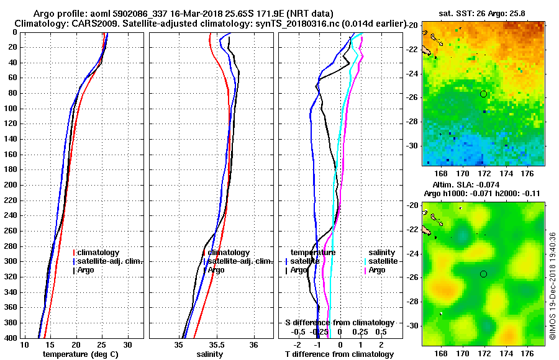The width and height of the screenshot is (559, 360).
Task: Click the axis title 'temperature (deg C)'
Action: click(x=81, y=354)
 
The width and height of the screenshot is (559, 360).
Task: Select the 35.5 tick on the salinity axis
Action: click(x=216, y=344)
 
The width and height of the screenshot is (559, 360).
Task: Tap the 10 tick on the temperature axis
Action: click(x=25, y=344)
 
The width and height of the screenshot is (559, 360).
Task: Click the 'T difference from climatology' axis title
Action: click(x=340, y=354)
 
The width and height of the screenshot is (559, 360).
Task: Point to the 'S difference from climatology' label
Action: click(x=339, y=323)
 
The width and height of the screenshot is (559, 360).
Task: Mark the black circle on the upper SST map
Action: click(x=483, y=94)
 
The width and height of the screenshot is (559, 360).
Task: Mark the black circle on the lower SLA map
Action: click(x=483, y=274)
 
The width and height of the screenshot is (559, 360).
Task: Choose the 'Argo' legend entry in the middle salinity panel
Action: click(x=216, y=270)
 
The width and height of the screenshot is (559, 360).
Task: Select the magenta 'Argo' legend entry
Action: click(x=377, y=270)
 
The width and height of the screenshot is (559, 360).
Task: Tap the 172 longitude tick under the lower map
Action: click(x=484, y=351)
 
